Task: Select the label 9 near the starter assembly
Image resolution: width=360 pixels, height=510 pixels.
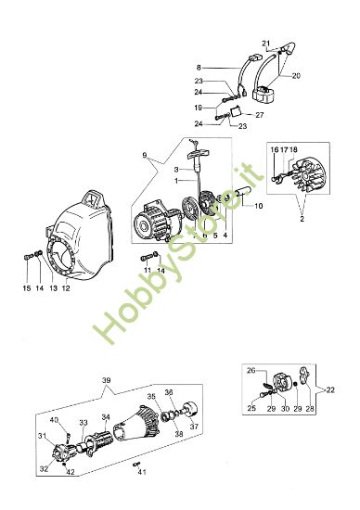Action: [x=145, y=155]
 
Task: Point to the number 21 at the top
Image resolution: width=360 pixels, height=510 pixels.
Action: [x=264, y=44]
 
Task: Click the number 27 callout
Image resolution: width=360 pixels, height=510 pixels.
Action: [x=260, y=116]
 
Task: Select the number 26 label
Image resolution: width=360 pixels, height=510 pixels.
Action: [x=250, y=371]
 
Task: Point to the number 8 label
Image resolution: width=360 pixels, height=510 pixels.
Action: [x=198, y=67]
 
